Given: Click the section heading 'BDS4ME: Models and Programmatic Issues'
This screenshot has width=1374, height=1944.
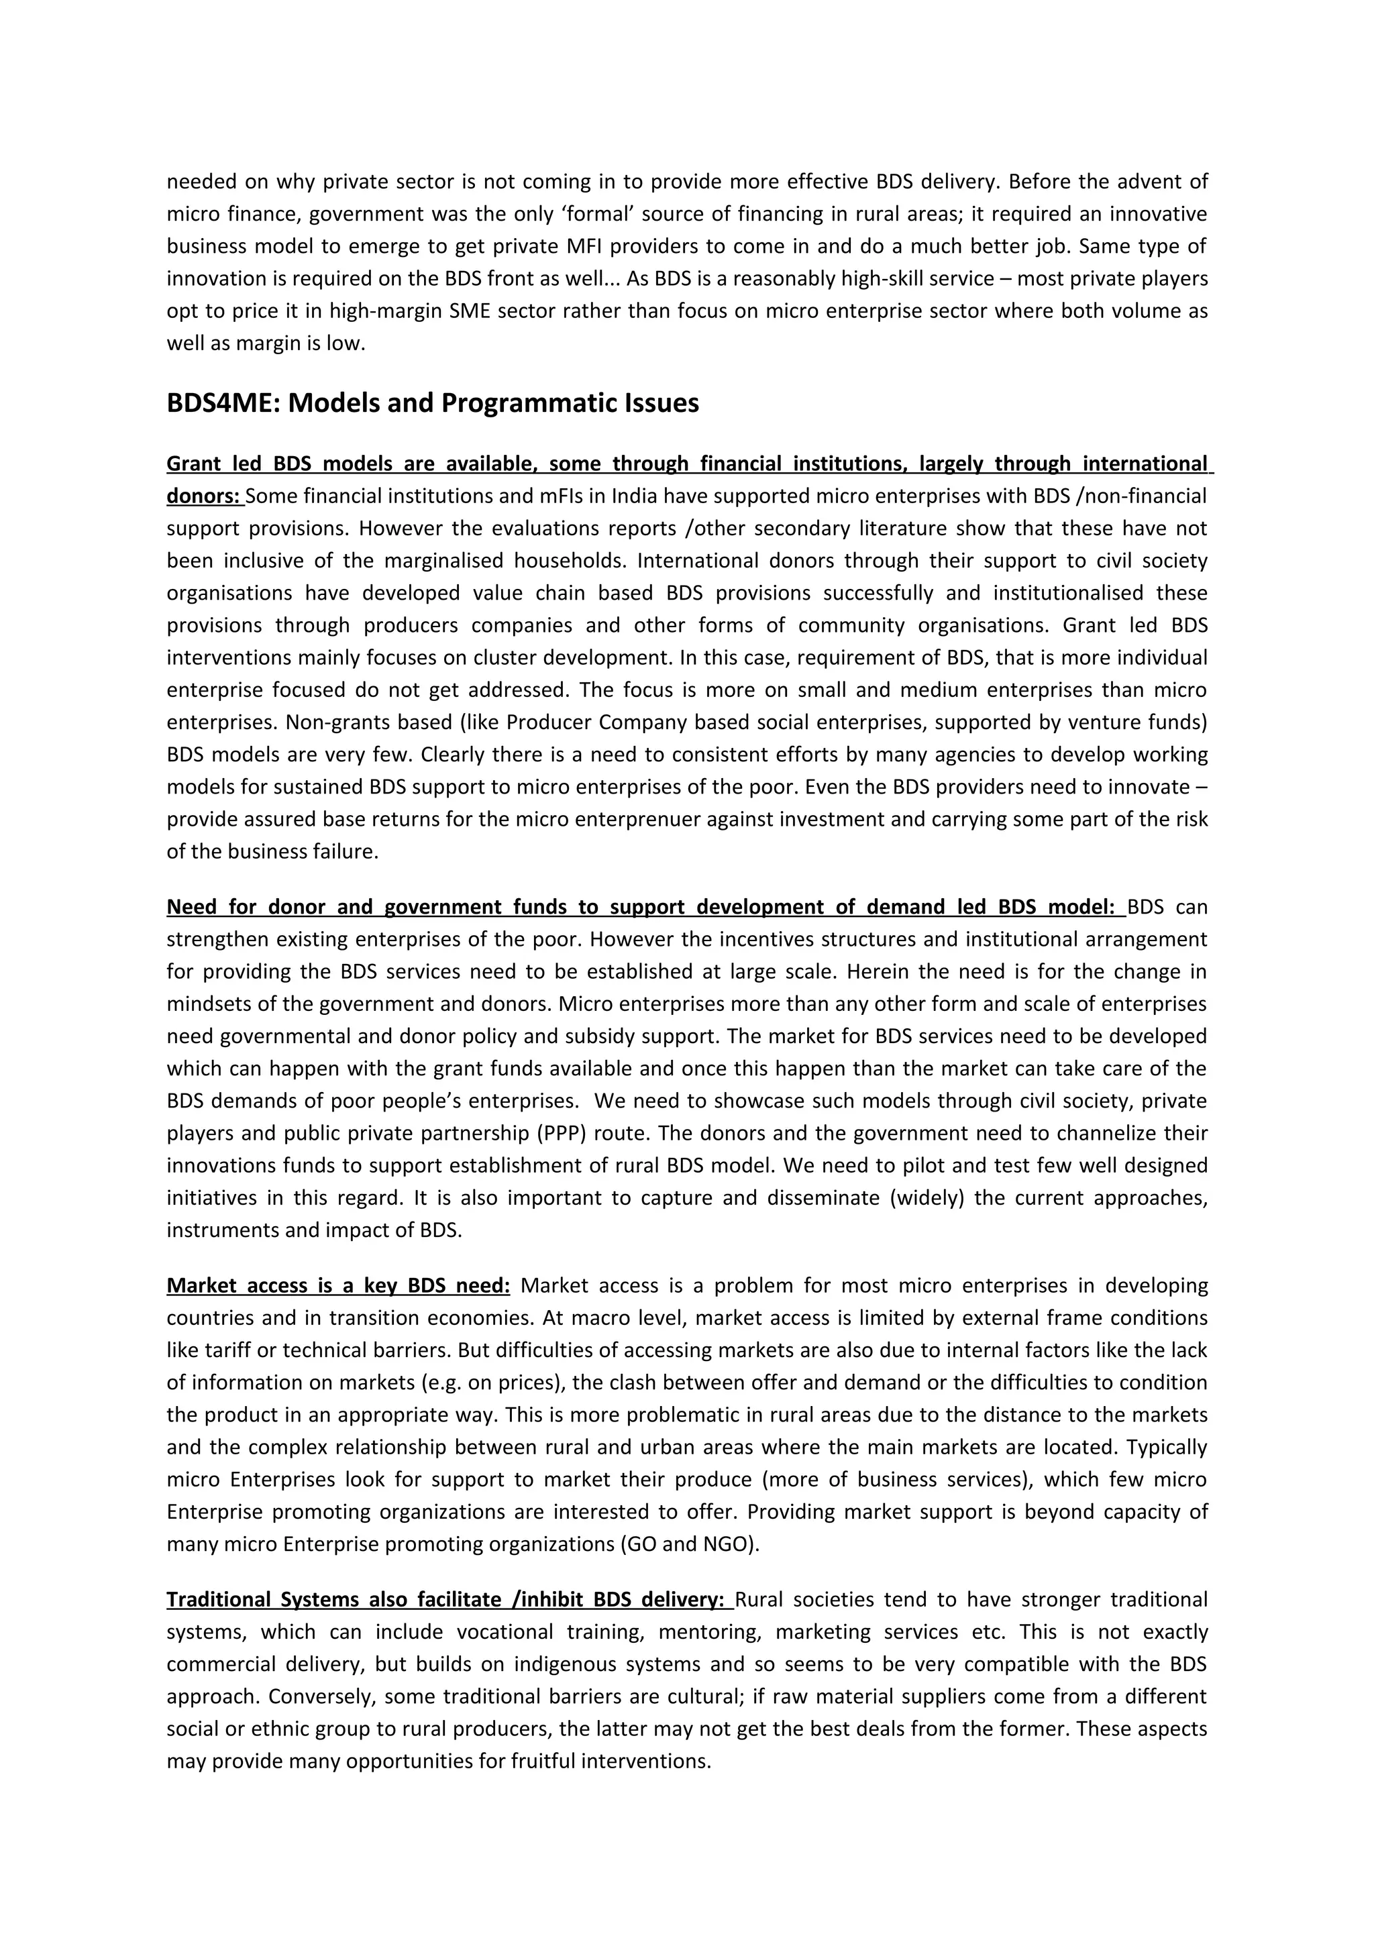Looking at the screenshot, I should click(x=433, y=403).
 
